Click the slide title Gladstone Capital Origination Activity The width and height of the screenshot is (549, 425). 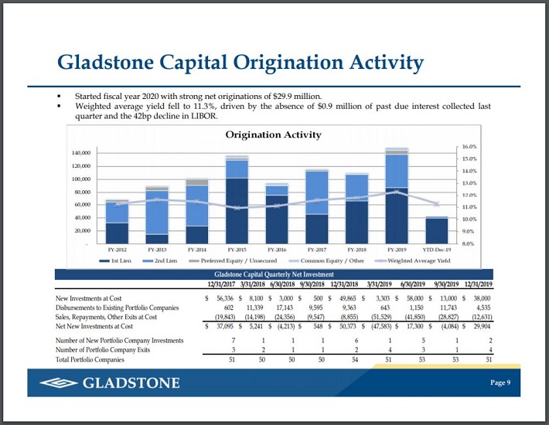click(x=241, y=62)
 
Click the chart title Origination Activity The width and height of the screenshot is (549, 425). click(x=273, y=135)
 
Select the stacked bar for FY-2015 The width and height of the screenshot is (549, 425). click(x=237, y=201)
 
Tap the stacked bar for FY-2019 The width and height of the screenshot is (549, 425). click(x=397, y=197)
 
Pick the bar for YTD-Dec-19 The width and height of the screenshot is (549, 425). click(x=437, y=229)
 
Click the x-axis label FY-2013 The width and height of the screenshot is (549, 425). click(x=157, y=250)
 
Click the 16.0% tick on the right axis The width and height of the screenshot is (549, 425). click(x=469, y=146)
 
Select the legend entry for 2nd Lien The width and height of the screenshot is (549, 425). click(x=162, y=261)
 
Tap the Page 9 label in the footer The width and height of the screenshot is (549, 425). click(x=500, y=383)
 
